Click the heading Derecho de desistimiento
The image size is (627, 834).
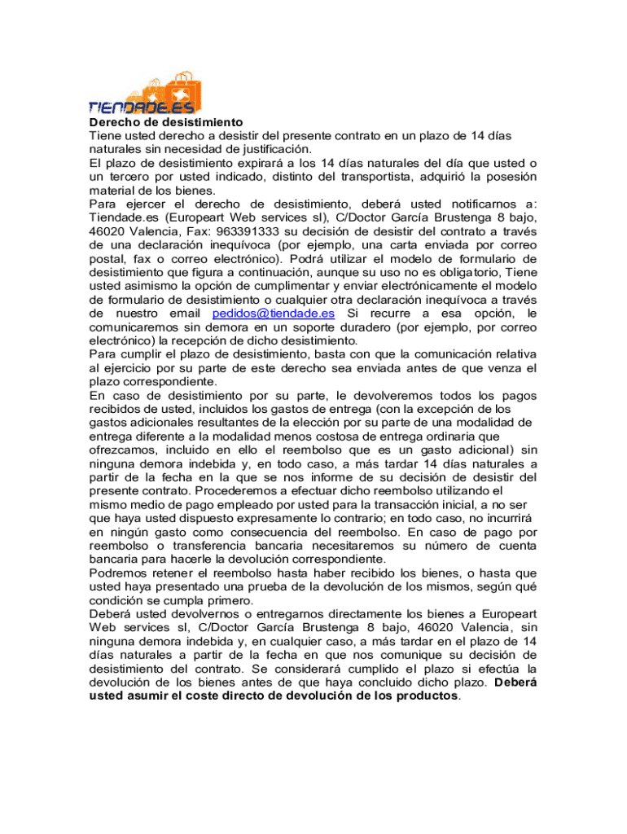160,122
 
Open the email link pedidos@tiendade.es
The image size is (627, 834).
273,314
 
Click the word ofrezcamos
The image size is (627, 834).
122,450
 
